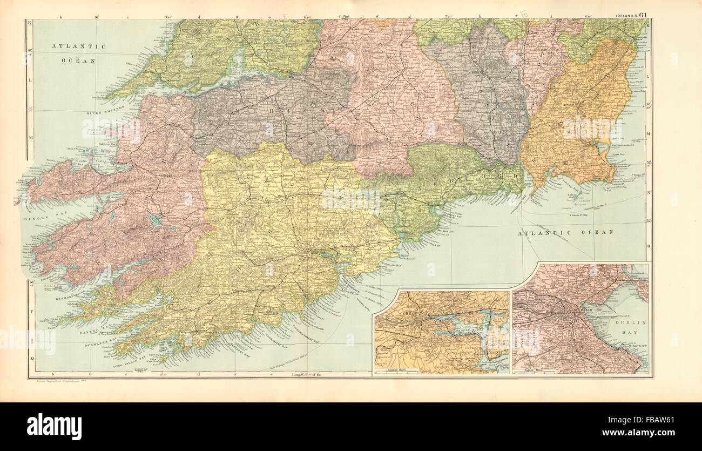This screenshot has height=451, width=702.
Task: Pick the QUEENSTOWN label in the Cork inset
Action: click(x=494, y=352)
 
